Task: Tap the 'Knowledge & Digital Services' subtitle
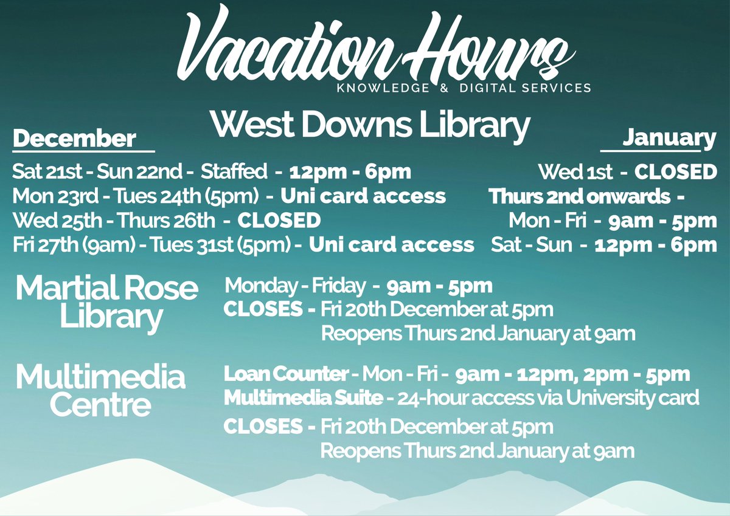(x=464, y=88)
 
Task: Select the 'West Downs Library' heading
(x=370, y=124)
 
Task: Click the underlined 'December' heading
(x=74, y=139)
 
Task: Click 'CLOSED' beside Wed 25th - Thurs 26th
(x=279, y=220)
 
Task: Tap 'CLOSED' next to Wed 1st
(x=676, y=172)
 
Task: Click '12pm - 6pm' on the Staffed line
(x=350, y=172)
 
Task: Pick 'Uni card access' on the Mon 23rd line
(x=363, y=196)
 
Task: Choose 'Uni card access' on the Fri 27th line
(x=392, y=244)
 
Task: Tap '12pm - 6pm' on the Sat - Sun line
(x=656, y=245)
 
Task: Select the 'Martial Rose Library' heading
(x=108, y=302)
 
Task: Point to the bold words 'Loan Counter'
(x=287, y=374)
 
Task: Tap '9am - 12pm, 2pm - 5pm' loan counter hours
(x=572, y=374)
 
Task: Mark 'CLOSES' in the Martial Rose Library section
(x=263, y=309)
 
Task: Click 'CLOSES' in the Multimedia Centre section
(x=263, y=427)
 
